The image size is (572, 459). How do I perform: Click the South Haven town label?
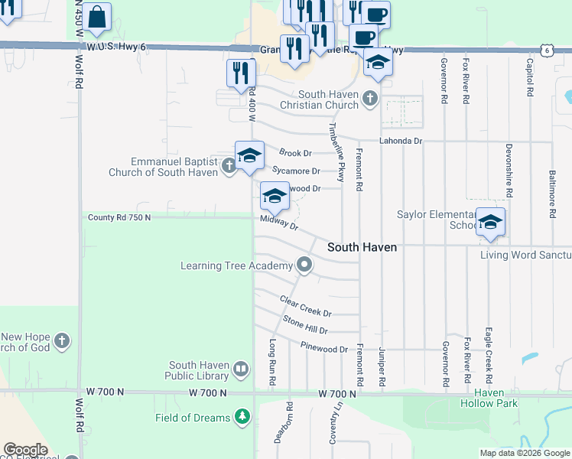(x=362, y=247)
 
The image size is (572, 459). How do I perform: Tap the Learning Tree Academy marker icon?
(x=304, y=265)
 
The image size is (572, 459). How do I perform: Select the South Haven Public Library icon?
(x=241, y=370)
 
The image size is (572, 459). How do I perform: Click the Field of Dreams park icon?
(x=242, y=417)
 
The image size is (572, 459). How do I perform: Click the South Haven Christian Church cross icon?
(x=370, y=98)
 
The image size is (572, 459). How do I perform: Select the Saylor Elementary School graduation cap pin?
(x=490, y=222)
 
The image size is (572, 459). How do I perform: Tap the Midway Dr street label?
(x=278, y=223)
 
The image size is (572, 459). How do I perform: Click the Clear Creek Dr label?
(x=305, y=307)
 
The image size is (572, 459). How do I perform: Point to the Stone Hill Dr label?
(x=305, y=325)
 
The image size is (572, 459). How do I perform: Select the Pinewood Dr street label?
(x=323, y=348)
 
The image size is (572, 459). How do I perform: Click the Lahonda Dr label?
(x=401, y=141)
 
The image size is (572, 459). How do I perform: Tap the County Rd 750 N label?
(x=119, y=217)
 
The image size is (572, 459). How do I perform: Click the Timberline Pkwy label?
(x=337, y=151)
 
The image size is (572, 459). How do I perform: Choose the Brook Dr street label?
(x=295, y=153)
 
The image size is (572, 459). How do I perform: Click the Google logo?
(x=24, y=450)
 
